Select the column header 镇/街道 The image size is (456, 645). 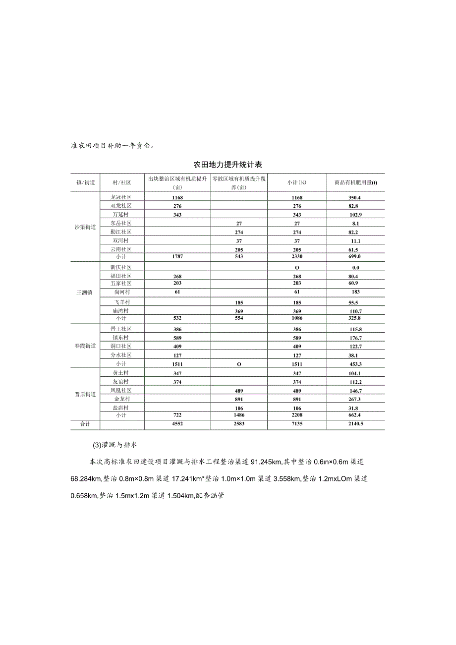[x=86, y=182]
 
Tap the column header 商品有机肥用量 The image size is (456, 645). [x=355, y=182]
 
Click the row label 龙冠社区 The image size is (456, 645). [x=121, y=197]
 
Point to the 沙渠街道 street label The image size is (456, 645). [x=86, y=227]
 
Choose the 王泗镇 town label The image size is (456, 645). [x=86, y=293]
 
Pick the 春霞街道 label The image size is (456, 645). [x=86, y=346]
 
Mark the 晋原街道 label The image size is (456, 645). [x=86, y=394]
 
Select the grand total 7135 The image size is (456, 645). [x=297, y=424]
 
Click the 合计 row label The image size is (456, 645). [x=86, y=424]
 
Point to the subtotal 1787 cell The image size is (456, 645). [x=177, y=257]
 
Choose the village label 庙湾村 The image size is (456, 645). [x=121, y=311]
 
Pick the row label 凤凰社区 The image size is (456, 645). [x=121, y=391]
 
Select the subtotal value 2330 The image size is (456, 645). [x=297, y=257]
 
